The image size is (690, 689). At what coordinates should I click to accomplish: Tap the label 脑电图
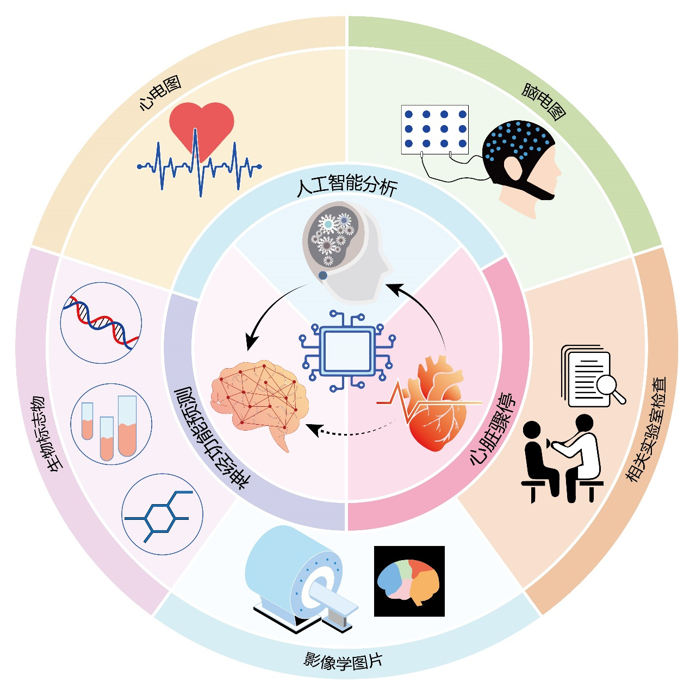(x=543, y=101)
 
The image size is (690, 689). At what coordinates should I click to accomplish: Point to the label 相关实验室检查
(x=647, y=430)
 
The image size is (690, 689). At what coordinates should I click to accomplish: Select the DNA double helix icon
(x=101, y=322)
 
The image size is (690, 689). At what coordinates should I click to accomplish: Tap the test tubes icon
(x=111, y=424)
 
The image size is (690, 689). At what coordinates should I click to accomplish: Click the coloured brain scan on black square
(x=409, y=581)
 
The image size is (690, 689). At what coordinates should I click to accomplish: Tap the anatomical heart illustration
(x=435, y=402)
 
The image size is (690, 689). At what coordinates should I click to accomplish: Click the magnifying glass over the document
(x=608, y=387)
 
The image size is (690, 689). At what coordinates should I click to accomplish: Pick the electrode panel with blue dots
(x=434, y=129)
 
